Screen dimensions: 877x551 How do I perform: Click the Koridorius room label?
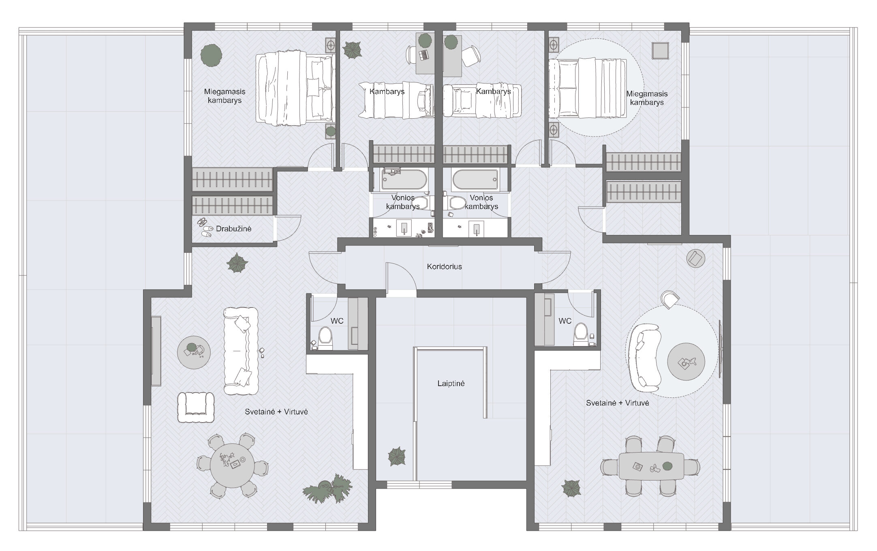point(444,267)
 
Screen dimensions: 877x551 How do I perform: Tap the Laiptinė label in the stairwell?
point(451,383)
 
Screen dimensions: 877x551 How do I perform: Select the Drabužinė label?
point(233,229)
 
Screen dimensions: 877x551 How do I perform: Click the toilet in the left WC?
point(325,338)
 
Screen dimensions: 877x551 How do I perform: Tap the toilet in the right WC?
point(581,334)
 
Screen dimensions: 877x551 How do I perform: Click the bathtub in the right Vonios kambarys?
point(475,179)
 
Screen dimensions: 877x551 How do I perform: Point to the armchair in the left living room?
point(196,407)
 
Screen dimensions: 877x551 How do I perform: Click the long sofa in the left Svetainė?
point(241,351)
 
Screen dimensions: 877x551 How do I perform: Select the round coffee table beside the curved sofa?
point(686,362)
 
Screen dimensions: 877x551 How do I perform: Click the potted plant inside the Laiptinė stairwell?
point(397,457)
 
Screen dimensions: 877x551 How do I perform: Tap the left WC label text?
point(337,321)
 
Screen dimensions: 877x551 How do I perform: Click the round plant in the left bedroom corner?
point(211,54)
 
